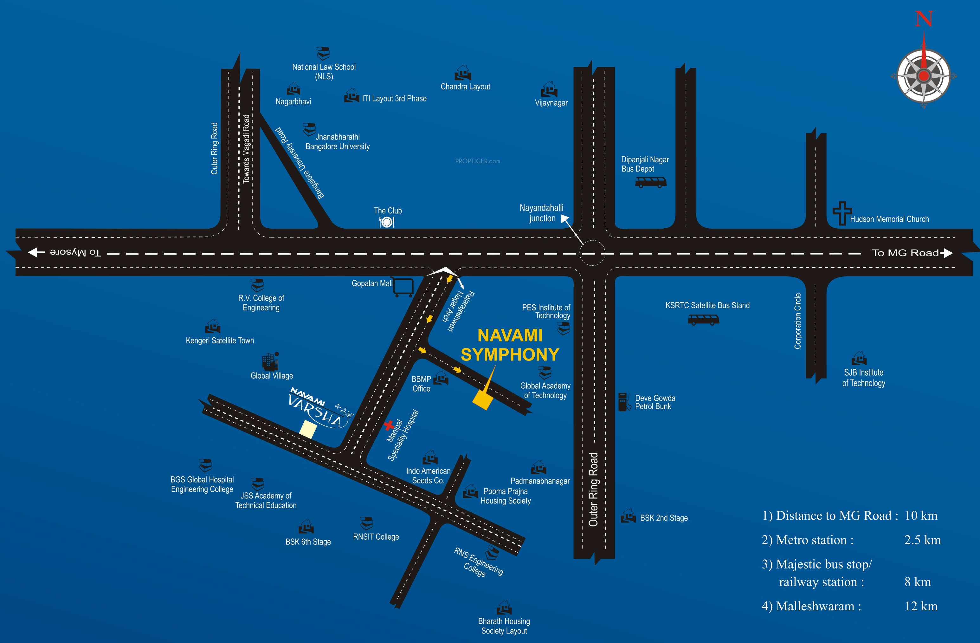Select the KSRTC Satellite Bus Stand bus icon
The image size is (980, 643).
[x=703, y=319]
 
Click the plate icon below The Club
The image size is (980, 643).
[x=386, y=222]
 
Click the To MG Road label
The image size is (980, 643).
[x=905, y=253]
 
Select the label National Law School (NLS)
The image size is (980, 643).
[x=324, y=72]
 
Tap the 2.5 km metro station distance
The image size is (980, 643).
[x=922, y=540]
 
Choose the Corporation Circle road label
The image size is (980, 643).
[x=797, y=321]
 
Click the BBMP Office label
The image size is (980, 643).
[x=421, y=384]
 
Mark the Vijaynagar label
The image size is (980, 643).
[x=551, y=103]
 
